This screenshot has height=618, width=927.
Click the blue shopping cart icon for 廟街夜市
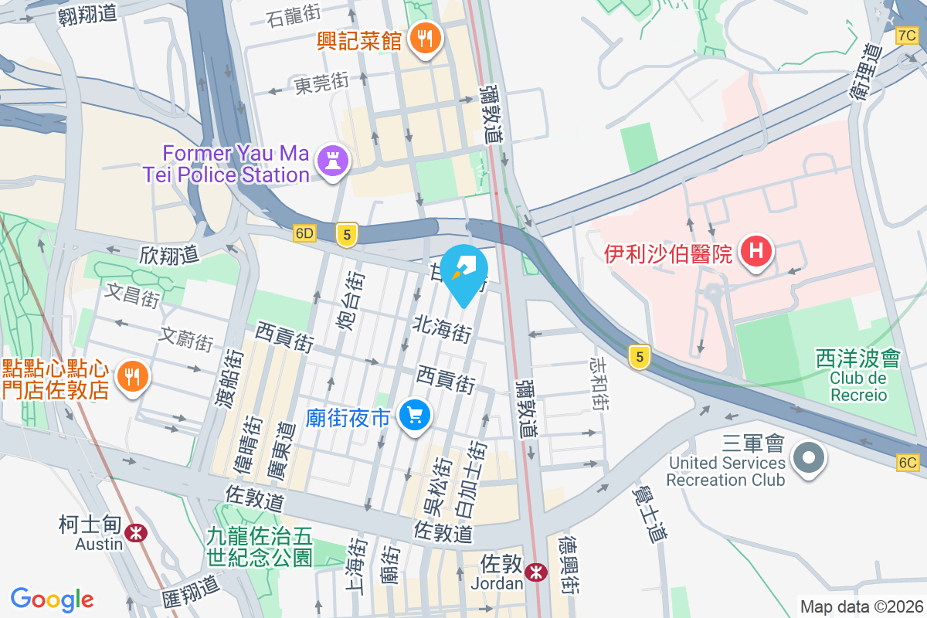pos(415,416)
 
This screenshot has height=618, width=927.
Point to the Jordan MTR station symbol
pos(534,572)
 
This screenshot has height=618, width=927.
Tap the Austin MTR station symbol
pos(137,532)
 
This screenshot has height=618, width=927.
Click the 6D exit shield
pos(305,233)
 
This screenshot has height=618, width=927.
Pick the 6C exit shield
pos(908,463)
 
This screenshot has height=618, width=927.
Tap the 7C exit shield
pos(907,36)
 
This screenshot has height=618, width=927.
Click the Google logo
pos(52,599)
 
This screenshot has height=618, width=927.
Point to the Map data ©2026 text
pos(861,606)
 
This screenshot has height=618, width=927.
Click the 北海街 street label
pos(443,328)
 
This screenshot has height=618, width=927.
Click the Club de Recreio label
pos(858,386)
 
